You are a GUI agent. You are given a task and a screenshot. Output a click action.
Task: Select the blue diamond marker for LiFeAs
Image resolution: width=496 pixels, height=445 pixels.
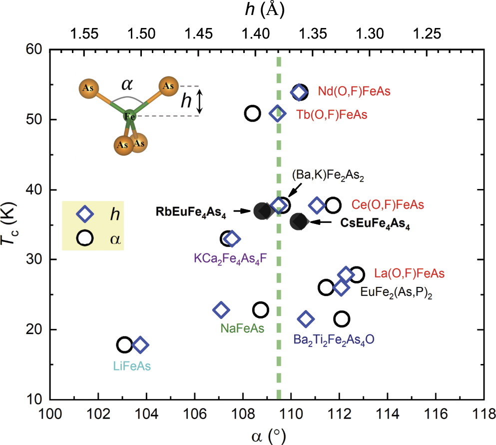pyautogui.click(x=140, y=345)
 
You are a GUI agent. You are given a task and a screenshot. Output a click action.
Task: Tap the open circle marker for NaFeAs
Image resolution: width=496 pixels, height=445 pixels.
pyautogui.click(x=260, y=309)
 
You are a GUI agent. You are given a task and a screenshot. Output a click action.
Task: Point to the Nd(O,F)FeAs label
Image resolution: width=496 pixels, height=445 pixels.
pyautogui.click(x=354, y=92)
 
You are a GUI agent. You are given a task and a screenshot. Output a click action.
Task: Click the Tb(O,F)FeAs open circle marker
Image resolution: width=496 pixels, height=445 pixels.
pyautogui.click(x=253, y=113)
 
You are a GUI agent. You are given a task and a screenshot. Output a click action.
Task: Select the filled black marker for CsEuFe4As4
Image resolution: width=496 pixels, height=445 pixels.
pyautogui.click(x=299, y=221)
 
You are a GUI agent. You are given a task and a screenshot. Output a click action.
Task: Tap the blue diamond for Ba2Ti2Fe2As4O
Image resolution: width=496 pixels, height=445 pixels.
pyautogui.click(x=306, y=319)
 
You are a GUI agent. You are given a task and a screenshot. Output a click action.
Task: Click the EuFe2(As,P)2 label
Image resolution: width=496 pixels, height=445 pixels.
pyautogui.click(x=396, y=291)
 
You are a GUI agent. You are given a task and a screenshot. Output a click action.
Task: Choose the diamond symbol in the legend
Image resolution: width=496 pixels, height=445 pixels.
pyautogui.click(x=85, y=213)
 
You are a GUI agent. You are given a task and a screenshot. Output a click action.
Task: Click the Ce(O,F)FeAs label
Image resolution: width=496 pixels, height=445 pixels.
pyautogui.click(x=388, y=205)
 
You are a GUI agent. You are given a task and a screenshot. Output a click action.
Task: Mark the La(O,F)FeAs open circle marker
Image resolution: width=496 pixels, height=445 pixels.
pyautogui.click(x=357, y=274)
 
